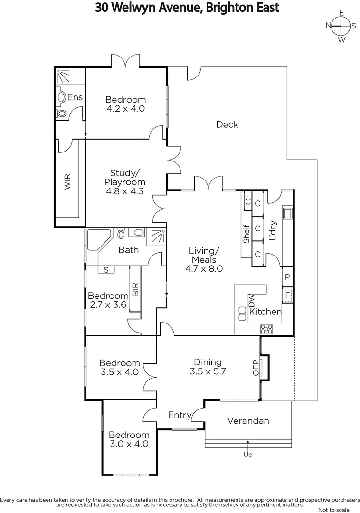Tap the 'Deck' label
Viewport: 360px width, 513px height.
pyautogui.click(x=227, y=124)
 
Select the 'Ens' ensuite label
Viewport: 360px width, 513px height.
pyautogui.click(x=75, y=97)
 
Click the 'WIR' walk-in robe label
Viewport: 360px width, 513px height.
pyautogui.click(x=67, y=182)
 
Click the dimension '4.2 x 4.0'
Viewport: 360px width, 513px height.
pyautogui.click(x=125, y=108)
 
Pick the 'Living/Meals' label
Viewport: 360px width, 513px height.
pyautogui.click(x=204, y=255)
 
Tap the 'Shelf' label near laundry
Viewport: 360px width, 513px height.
pyautogui.click(x=246, y=234)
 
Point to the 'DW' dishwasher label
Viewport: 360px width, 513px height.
pyautogui.click(x=252, y=300)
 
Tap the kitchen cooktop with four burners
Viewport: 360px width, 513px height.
pyautogui.click(x=266, y=328)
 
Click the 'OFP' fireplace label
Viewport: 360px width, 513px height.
pyautogui.click(x=255, y=367)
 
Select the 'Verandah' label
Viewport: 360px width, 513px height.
pyautogui.click(x=248, y=421)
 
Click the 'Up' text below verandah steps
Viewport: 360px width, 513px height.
pyautogui.click(x=248, y=455)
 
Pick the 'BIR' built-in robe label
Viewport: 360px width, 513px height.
pyautogui.click(x=135, y=289)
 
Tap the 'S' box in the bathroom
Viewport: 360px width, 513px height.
pyautogui.click(x=106, y=270)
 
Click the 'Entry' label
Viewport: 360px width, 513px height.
pyautogui.click(x=180, y=415)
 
